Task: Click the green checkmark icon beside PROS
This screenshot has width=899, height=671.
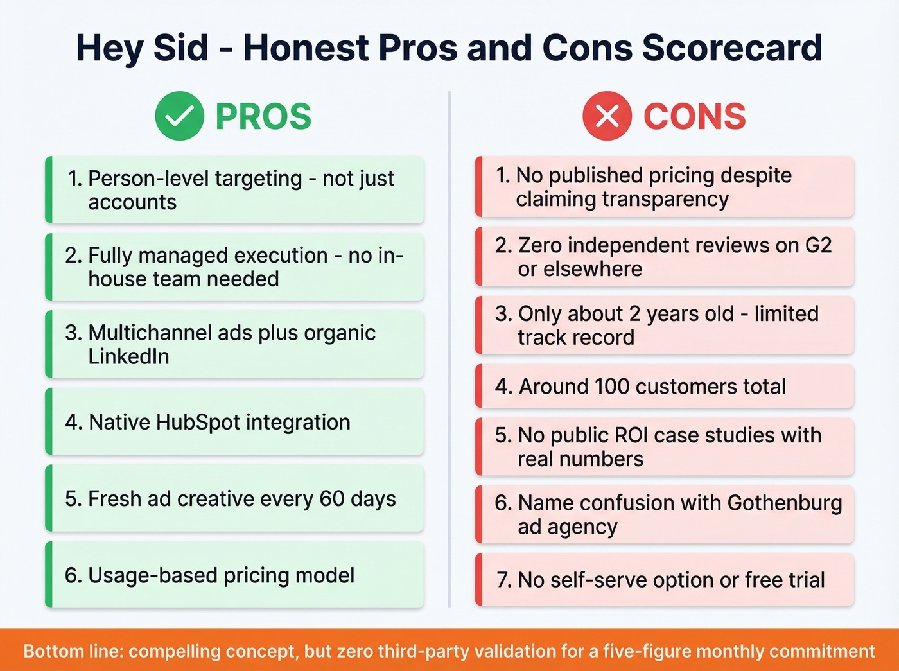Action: point(179,116)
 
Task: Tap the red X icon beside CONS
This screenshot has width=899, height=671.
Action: point(607,116)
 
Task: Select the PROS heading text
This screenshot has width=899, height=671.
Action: point(263,116)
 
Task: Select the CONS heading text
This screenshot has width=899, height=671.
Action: point(694,116)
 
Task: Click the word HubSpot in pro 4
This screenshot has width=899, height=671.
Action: point(197,422)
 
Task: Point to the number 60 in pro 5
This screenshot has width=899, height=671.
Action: point(332,498)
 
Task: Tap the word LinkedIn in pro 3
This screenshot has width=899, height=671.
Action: point(128,356)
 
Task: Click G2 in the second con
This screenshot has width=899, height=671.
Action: point(818,245)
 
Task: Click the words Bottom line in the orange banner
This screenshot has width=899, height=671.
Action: point(72,651)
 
